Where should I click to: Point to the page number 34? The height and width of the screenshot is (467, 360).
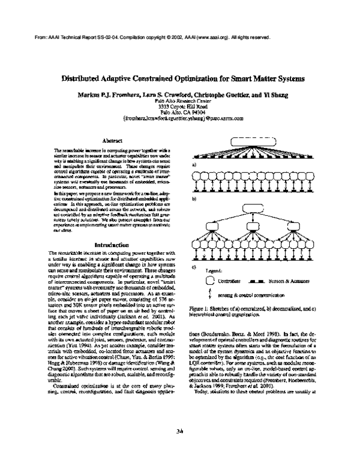(180, 431)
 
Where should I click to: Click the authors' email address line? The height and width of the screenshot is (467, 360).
(182, 119)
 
